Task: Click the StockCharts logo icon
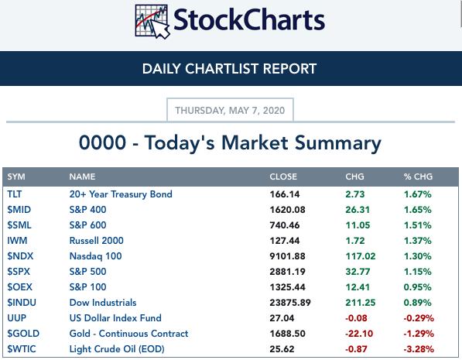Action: tap(152, 22)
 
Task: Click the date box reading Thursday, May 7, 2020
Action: tap(230, 110)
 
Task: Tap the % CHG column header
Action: tap(418, 177)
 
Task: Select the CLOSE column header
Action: tap(283, 177)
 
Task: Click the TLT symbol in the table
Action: tap(15, 194)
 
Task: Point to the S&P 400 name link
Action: tap(87, 210)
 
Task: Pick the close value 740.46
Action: tap(285, 225)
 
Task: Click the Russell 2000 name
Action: tap(97, 241)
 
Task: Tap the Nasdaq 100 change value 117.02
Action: tap(361, 256)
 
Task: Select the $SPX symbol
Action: tap(19, 272)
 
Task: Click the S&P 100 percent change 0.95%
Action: tap(418, 287)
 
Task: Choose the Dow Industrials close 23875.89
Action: tap(290, 303)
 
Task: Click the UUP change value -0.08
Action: tap(356, 318)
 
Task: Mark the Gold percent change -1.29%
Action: tap(419, 334)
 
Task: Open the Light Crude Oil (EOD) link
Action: tap(117, 349)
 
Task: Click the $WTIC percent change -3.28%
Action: tap(419, 349)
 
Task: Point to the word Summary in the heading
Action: tap(338, 143)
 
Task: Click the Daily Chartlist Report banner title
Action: tap(229, 69)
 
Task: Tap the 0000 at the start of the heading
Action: tap(102, 142)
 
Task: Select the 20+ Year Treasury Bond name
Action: tap(121, 194)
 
